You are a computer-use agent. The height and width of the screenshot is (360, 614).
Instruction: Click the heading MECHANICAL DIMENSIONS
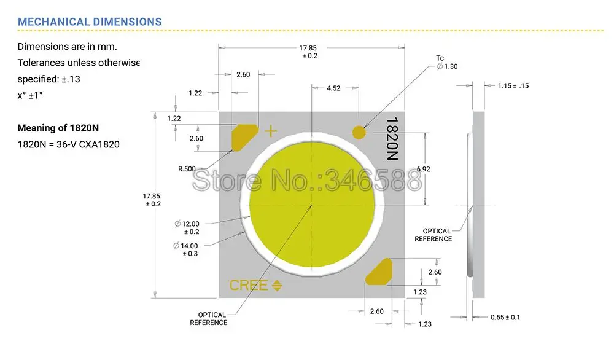[x=90, y=22]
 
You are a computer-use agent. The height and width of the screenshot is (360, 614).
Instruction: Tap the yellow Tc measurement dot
[x=359, y=131]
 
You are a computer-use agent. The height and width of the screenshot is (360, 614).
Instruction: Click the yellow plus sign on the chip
[x=271, y=131]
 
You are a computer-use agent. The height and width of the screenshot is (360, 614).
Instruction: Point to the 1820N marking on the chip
[x=392, y=139]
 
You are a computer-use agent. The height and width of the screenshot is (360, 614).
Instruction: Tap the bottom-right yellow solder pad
[x=379, y=272]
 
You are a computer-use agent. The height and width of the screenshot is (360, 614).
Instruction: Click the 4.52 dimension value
[x=333, y=88]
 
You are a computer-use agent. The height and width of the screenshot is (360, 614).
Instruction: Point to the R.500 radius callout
[x=187, y=168]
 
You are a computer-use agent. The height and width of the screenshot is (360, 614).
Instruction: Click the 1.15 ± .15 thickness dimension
[x=513, y=86]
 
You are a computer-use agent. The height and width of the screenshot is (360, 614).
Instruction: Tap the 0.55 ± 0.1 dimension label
[x=505, y=317]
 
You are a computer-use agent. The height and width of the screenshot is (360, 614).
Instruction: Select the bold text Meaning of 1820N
[x=58, y=128]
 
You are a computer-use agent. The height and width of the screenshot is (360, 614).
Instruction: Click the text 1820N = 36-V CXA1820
[x=68, y=144]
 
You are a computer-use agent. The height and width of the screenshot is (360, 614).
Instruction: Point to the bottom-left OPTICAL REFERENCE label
[x=208, y=319]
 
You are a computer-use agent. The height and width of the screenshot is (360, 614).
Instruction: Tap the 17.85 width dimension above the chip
[x=308, y=52]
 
